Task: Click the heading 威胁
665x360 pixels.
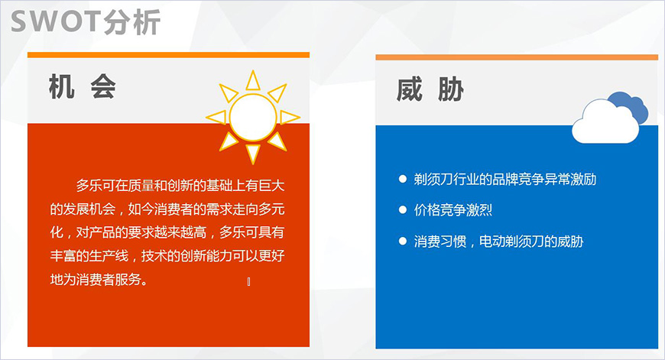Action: [x=430, y=90]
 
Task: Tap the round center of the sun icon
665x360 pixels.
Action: [x=252, y=117]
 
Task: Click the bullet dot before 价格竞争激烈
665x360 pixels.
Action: [x=403, y=209]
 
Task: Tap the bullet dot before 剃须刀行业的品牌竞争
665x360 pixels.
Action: [x=403, y=179]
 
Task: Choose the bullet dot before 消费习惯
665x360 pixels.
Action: [x=403, y=241]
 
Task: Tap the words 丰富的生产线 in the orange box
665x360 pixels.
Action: [x=89, y=256]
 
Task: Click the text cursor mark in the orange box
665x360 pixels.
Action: [x=249, y=282]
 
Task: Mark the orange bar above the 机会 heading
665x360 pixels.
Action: [x=168, y=55]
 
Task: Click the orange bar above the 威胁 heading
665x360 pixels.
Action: [x=517, y=57]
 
